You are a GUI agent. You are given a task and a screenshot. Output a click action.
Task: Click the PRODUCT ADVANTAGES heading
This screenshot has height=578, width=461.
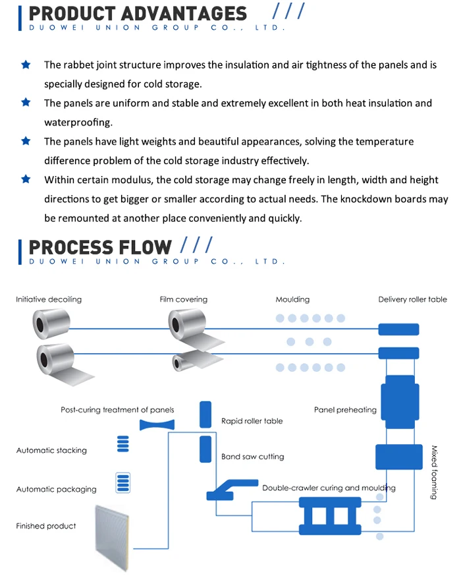138,14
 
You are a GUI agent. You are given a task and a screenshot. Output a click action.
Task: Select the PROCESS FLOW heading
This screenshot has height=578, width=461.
100,247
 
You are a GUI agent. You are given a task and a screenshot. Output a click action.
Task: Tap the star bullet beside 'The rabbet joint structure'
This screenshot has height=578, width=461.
26,65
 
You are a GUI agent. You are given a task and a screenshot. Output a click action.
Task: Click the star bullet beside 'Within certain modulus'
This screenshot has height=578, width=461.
26,179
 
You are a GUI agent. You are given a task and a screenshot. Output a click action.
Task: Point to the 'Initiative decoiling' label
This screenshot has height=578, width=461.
49,299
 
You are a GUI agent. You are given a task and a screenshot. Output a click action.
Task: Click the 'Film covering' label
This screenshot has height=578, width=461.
183,299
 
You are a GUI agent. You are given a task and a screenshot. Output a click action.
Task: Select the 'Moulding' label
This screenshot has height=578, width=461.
292,299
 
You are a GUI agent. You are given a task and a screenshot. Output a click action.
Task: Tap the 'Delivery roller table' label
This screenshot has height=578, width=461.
412,299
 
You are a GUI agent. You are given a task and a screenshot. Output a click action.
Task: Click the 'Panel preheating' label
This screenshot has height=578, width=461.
345,410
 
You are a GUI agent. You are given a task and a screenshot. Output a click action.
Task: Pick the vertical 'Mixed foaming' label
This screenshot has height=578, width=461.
434,472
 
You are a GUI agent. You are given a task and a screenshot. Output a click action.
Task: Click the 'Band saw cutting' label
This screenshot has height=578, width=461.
253,457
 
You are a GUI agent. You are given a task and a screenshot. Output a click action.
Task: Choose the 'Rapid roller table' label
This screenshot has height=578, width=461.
252,421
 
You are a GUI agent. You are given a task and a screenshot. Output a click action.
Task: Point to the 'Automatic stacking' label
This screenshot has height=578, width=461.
51,450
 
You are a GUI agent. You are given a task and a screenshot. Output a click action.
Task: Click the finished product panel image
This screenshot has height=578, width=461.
112,538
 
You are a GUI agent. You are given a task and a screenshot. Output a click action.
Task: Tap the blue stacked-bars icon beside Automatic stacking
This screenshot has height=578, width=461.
123,444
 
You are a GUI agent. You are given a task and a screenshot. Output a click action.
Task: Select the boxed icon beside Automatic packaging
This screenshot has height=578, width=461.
123,482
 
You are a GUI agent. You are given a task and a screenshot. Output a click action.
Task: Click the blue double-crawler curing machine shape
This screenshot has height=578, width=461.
330,516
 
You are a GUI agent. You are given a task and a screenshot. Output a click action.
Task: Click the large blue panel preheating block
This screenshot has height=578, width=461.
400,402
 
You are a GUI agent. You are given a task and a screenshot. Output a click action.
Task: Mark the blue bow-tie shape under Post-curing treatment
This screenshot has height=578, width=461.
157,425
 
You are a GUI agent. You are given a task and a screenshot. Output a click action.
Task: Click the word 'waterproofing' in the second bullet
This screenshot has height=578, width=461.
78,123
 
